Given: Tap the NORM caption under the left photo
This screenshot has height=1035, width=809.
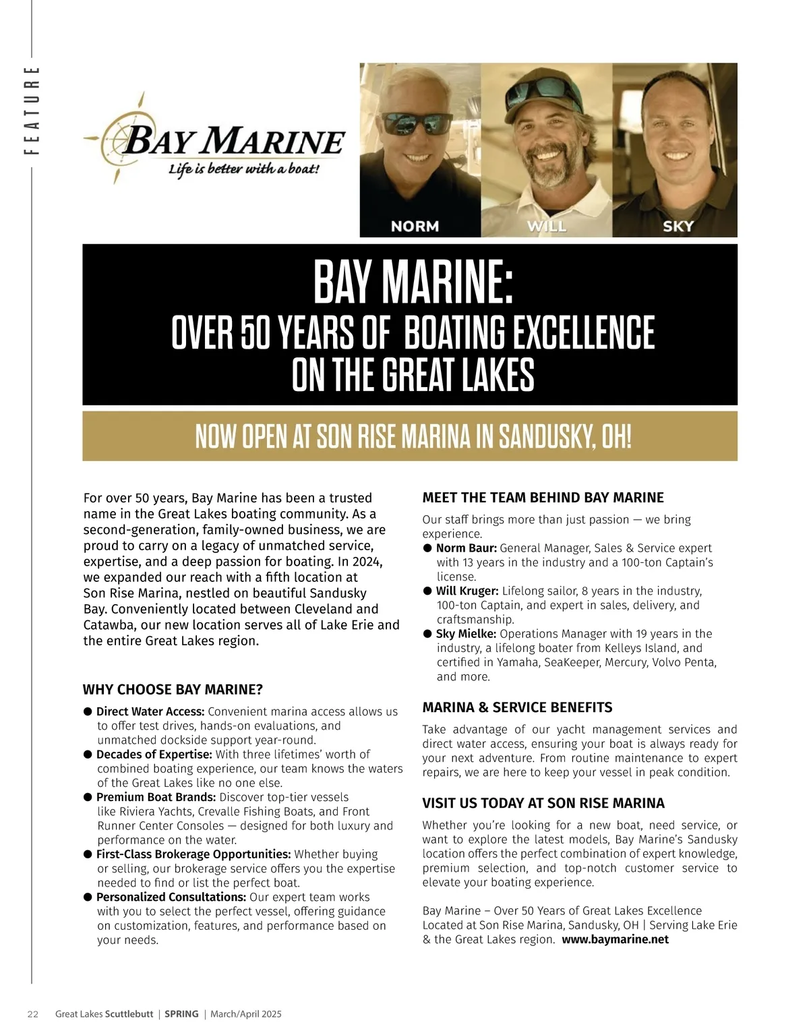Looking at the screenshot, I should tap(415, 227).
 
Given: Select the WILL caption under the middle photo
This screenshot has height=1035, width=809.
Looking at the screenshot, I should tap(546, 227).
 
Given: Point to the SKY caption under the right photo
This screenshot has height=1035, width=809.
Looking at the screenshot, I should tap(678, 227).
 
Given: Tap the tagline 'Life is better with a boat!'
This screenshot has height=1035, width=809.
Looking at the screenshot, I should tap(243, 169).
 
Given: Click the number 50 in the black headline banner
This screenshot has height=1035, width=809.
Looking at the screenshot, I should tap(255, 332).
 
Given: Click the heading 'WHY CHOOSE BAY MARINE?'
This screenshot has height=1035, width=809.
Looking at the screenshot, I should tap(173, 689).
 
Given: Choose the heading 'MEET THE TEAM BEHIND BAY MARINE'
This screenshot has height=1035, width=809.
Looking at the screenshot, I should tap(543, 498).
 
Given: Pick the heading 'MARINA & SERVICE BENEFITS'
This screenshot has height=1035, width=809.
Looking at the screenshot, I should tap(517, 707).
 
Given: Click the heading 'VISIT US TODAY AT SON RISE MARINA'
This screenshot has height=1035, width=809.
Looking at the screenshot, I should tap(543, 803).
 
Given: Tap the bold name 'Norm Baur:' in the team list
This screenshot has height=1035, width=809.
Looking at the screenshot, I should tap(467, 548).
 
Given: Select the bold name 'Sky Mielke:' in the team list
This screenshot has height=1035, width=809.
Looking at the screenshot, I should tap(467, 634).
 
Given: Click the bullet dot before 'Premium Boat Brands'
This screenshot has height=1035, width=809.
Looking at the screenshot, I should tap(88, 797).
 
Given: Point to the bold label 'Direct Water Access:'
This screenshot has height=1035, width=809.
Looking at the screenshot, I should tap(150, 711).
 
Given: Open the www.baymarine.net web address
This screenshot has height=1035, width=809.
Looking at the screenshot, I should tap(615, 939).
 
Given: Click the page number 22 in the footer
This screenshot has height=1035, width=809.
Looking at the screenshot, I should tap(32, 1014).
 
